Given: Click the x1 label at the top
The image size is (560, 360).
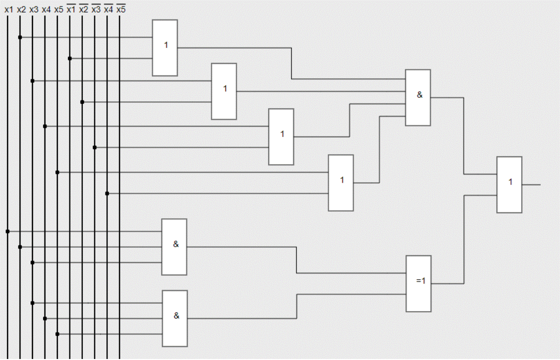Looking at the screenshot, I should [x=8, y=9].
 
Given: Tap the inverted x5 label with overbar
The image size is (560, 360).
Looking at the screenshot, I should [x=121, y=9].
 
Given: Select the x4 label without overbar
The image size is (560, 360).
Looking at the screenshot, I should [x=46, y=9].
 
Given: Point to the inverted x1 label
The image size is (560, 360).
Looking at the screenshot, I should [x=71, y=9].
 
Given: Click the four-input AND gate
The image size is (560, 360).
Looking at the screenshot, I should [x=418, y=97].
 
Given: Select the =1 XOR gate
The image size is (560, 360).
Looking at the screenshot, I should [x=418, y=284].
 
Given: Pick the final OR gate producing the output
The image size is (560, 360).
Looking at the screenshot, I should [x=509, y=185].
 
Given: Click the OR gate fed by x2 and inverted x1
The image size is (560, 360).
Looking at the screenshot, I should [x=165, y=48].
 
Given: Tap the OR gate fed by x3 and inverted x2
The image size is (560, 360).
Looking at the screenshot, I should [x=224, y=91].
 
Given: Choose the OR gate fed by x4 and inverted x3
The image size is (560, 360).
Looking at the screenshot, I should [x=281, y=137].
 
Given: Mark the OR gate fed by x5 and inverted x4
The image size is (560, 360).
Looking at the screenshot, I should [x=341, y=183].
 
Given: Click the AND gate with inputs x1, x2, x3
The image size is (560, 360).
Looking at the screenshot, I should [x=174, y=247].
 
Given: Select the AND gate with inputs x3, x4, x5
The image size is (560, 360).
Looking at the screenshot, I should [x=174, y=318].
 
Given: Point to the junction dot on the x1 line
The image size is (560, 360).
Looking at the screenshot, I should [x=7, y=231].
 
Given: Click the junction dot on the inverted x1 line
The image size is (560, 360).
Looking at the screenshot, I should [x=70, y=58].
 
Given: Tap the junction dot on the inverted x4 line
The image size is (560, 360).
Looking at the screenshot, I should [x=107, y=193].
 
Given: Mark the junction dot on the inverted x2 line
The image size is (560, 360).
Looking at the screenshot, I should [x=82, y=102].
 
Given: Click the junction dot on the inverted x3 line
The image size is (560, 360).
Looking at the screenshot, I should [x=95, y=147].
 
